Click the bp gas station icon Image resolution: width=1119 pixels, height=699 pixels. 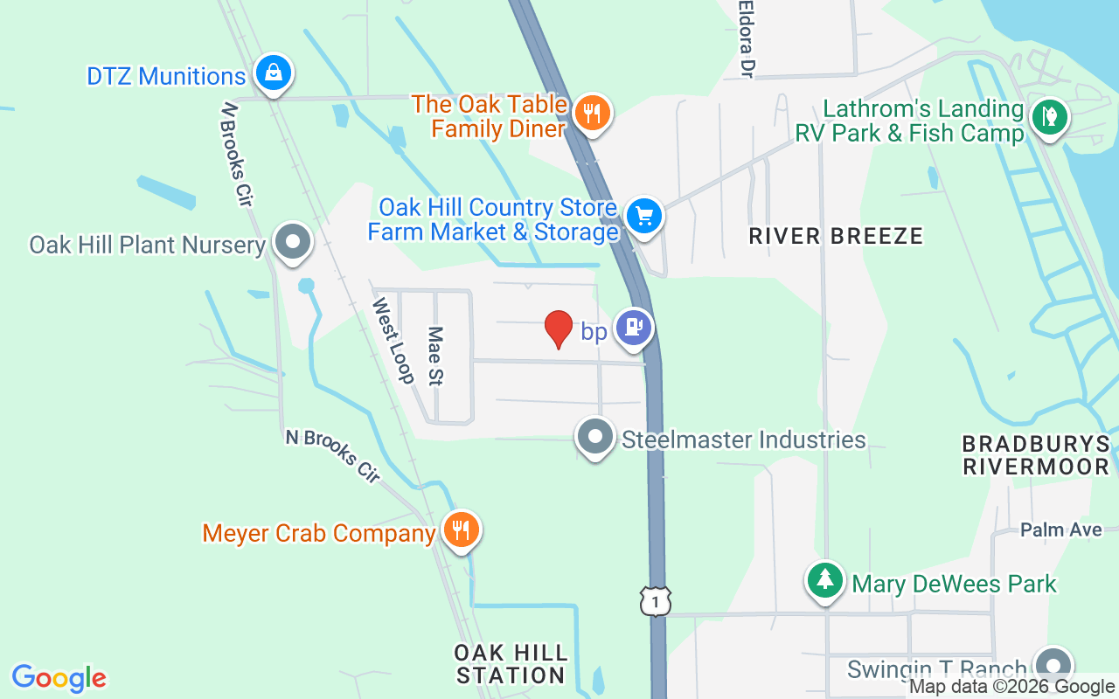[633, 329]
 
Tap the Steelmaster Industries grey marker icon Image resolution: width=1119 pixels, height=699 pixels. [595, 436]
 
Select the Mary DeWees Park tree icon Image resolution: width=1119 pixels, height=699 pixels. [824, 580]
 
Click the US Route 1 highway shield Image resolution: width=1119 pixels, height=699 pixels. [655, 600]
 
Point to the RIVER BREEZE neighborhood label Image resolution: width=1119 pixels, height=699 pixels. [836, 236]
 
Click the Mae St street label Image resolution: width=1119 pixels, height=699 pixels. [434, 356]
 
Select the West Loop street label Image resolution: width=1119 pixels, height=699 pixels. [393, 341]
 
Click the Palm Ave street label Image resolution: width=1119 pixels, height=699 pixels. [1060, 529]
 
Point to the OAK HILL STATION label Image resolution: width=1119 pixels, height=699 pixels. [511, 664]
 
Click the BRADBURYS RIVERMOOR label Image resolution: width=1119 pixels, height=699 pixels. [1035, 454]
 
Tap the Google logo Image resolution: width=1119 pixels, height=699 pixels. [59, 677]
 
